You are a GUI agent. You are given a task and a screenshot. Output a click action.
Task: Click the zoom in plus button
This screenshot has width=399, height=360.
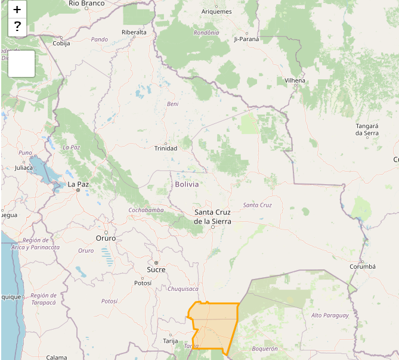17,10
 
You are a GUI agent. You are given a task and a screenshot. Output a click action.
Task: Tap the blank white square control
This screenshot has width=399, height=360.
21,64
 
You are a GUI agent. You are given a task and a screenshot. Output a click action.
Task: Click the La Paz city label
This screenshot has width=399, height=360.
78,185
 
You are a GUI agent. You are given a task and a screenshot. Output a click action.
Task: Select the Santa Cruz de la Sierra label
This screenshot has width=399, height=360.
212,216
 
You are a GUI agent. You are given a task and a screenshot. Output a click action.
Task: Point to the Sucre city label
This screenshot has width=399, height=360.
156,269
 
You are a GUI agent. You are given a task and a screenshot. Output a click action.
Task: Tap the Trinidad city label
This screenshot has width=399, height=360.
166,148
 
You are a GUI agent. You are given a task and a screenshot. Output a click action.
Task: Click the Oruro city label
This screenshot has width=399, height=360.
106,238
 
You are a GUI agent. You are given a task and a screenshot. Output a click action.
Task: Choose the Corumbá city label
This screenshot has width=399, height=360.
363,266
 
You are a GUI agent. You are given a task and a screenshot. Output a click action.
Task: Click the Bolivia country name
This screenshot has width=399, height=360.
187,184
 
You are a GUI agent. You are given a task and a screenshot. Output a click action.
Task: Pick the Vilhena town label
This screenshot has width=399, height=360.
295,80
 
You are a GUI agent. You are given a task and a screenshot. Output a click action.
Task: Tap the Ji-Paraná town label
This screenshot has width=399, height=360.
246,39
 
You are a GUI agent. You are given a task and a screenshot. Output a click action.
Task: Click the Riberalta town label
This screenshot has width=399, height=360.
134,32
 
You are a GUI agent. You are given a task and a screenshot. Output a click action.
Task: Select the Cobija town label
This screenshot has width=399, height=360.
61,44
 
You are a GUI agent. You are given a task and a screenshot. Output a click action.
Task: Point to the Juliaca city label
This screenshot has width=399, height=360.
24,167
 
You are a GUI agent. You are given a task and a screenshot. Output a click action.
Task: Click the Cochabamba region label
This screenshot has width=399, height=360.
146,210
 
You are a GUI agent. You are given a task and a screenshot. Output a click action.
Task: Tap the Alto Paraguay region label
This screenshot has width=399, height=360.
330,315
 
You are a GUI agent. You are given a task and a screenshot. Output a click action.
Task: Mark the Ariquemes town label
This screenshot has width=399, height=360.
216,11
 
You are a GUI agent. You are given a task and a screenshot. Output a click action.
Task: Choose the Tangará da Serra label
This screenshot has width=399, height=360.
367,129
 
